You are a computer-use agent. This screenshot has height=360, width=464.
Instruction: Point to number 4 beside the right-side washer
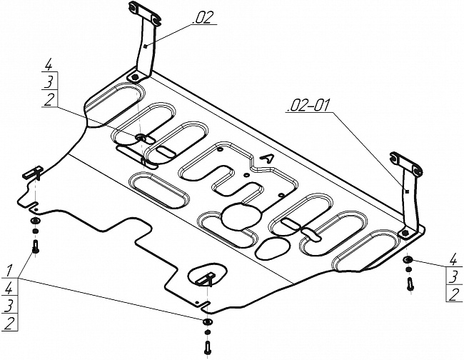453,259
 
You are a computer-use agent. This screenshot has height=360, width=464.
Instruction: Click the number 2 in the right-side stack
453,295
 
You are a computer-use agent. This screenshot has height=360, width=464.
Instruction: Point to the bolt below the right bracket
410,283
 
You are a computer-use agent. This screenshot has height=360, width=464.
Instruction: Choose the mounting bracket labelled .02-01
408,193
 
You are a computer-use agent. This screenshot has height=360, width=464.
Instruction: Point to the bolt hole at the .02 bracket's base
133,76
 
